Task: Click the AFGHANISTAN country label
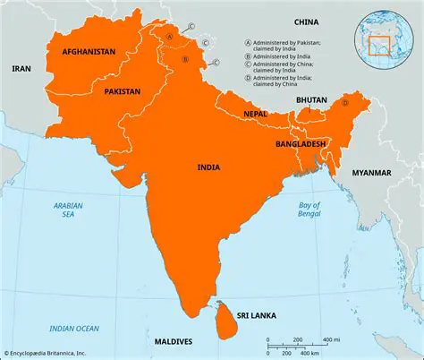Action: [x=89, y=53]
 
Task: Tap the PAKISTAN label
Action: [x=122, y=91]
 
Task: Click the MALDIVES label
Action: [x=172, y=342]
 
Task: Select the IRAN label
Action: [x=21, y=68]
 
